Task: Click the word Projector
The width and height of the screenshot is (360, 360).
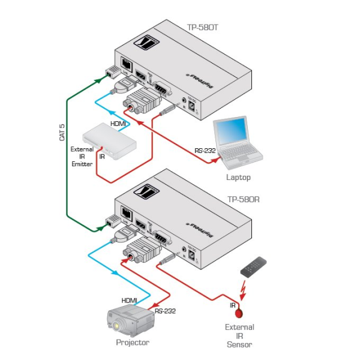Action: [x=133, y=342]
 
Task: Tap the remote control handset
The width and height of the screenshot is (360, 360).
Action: [x=254, y=269]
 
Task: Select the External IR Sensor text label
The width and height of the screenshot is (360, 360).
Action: [x=239, y=335]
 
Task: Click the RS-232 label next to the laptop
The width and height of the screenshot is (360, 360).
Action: [x=205, y=151]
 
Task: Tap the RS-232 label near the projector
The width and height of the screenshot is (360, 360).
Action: [x=166, y=311]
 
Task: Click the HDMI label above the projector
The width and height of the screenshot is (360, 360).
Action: [x=129, y=300]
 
